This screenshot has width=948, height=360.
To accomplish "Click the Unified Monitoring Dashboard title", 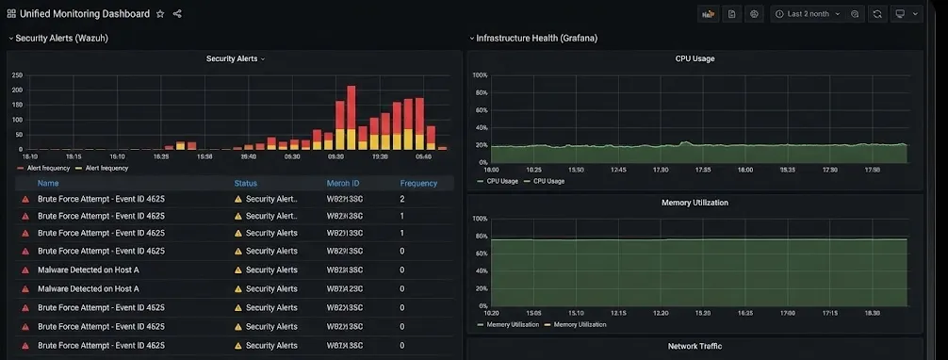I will pos(85,14).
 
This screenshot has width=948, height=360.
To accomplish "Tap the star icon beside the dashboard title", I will pos(160,14).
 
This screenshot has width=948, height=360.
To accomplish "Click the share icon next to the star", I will pos(177,14).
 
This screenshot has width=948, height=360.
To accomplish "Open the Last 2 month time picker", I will pos(807,14).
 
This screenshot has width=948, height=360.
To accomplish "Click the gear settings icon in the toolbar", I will pos(754,14).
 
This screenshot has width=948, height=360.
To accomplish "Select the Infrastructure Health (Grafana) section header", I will pos(536,38).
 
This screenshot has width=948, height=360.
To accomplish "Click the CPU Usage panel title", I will pos(695,58).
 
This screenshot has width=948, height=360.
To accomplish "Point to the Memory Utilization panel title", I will pos(695,203).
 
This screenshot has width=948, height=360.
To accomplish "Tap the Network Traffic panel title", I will pos(695,347).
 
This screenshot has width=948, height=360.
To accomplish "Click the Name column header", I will pos(48,184).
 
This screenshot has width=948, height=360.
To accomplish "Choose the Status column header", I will pos(245,184).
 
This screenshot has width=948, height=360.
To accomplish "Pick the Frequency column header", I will pos(418,184).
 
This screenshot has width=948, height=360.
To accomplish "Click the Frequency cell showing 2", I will pos(402,199).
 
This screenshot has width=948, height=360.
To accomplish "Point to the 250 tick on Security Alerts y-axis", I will pos(17,75).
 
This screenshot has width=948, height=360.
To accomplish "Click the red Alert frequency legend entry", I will pos(45,168).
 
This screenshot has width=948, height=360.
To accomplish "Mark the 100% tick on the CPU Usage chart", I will pos(480,75).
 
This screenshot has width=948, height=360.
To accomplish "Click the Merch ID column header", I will pos(343,184).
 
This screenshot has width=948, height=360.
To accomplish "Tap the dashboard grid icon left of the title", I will pos(11,14).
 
